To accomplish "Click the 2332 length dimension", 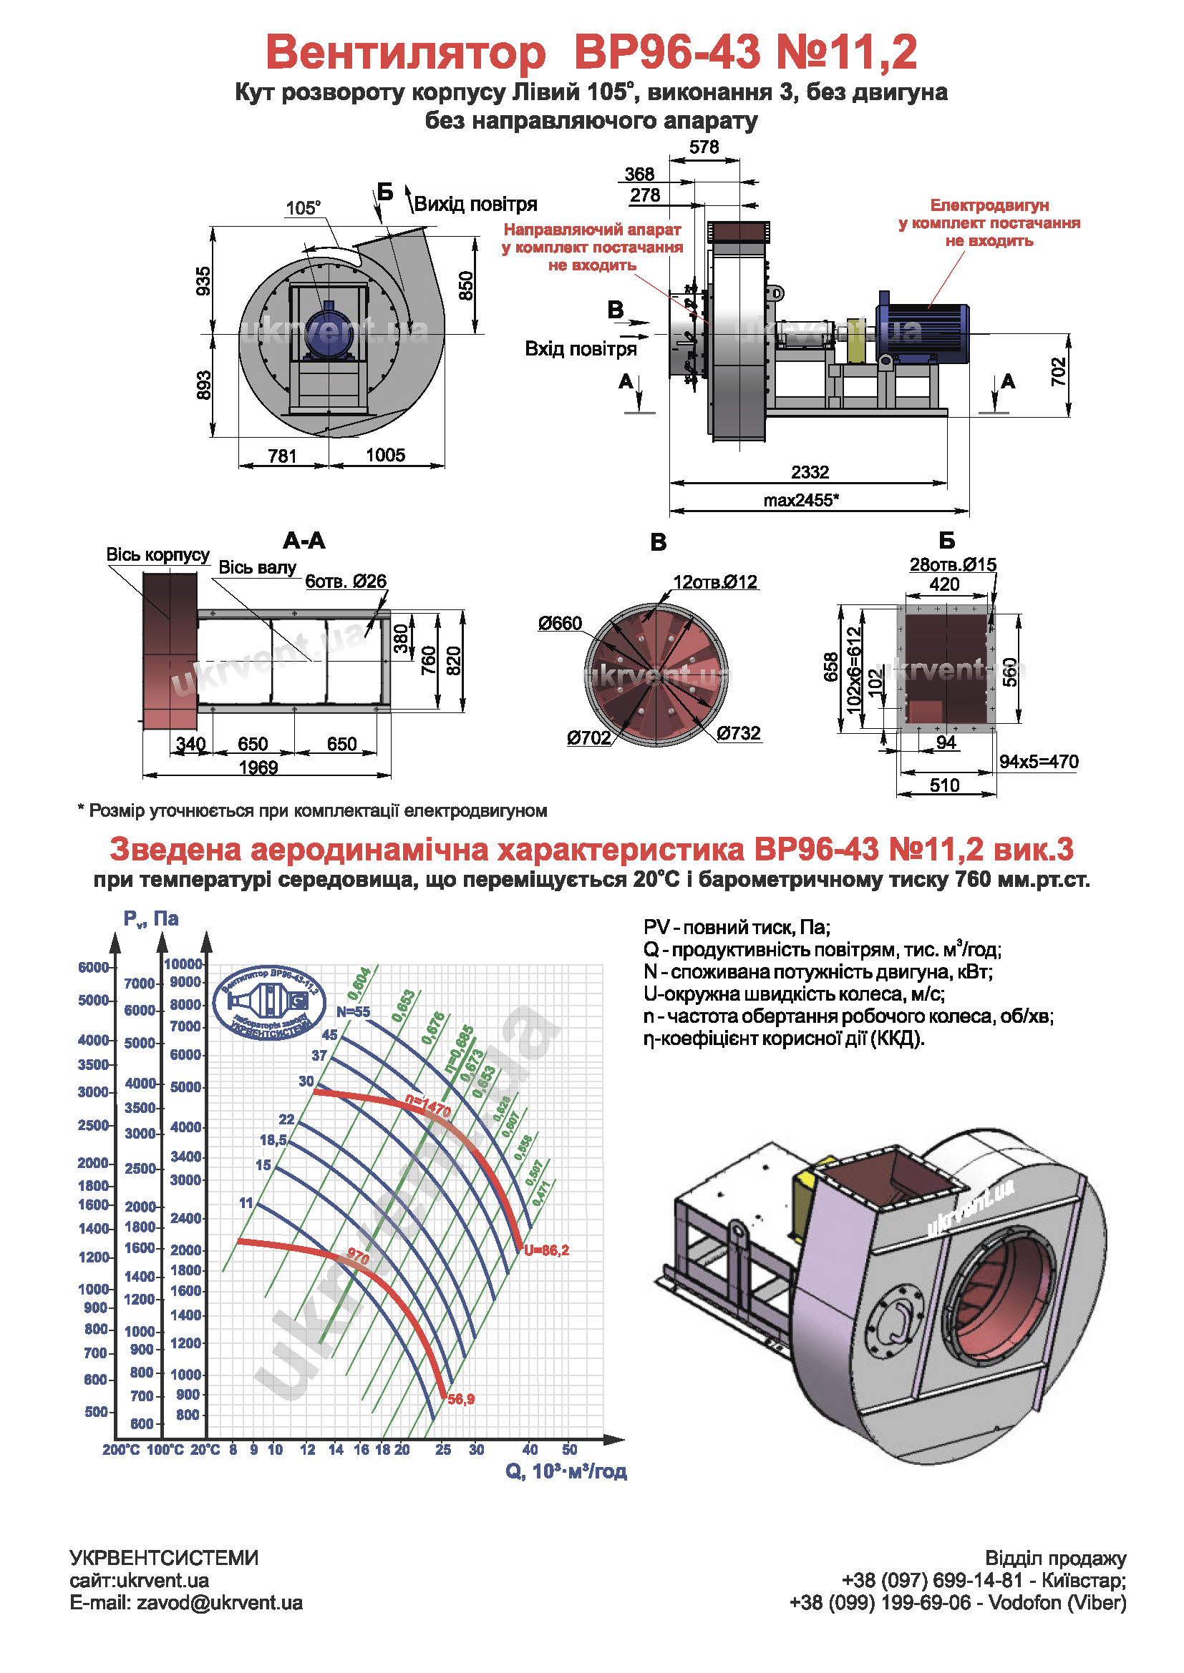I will pyautogui.click(x=810, y=472).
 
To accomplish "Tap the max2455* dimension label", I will pyautogui.click(x=801, y=500).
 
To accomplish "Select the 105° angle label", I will pyautogui.click(x=303, y=208).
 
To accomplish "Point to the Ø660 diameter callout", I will pyautogui.click(x=560, y=623).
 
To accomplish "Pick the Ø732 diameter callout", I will pyautogui.click(x=739, y=733).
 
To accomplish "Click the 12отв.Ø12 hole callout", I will pyautogui.click(x=715, y=582).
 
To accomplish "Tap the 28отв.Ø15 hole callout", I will pyautogui.click(x=953, y=565).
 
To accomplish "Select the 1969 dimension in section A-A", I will pyautogui.click(x=258, y=768).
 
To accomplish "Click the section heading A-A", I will pyautogui.click(x=304, y=541).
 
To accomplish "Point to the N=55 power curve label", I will pyautogui.click(x=354, y=1012).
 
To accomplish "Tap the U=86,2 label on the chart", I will pyautogui.click(x=546, y=1250).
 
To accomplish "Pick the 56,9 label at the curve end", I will pyautogui.click(x=461, y=1399).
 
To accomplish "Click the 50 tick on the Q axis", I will pyautogui.click(x=569, y=1450).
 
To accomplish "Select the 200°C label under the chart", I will pyautogui.click(x=121, y=1450).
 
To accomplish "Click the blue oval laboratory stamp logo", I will pyautogui.click(x=269, y=1003).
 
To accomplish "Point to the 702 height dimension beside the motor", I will pyautogui.click(x=1059, y=372).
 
